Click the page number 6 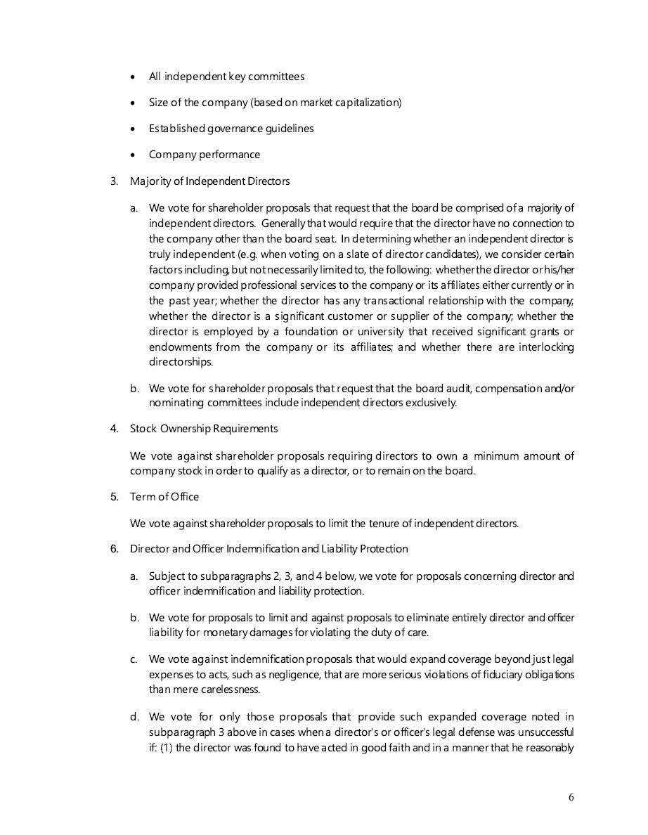click(571, 797)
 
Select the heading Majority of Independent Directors click(209, 181)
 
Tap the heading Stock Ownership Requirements click(204, 429)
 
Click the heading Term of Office click(164, 497)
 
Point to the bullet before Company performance click(134, 155)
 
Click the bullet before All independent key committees click(134, 77)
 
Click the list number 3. click(114, 181)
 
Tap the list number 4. click(114, 429)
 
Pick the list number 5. click(114, 497)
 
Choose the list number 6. click(114, 549)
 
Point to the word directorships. click(181, 363)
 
